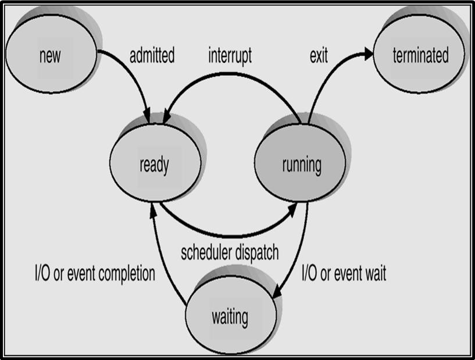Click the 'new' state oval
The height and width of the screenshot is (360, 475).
click(x=51, y=54)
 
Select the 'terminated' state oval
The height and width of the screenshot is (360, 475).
click(x=419, y=54)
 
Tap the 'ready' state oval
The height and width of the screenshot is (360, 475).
click(x=155, y=163)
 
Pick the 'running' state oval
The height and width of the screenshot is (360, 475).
click(x=300, y=163)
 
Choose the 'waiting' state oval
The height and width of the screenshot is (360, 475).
click(x=231, y=315)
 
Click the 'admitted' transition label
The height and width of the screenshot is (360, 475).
click(x=152, y=55)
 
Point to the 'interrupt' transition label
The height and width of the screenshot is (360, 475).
click(x=230, y=56)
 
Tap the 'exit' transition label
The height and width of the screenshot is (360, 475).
click(x=319, y=56)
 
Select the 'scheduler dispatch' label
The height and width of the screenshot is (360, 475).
click(x=230, y=253)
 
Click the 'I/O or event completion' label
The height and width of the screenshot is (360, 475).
click(x=95, y=274)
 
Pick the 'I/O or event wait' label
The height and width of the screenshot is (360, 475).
click(x=344, y=273)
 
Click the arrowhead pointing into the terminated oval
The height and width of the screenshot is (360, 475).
click(x=369, y=54)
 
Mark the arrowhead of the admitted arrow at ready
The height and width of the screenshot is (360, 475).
click(x=147, y=116)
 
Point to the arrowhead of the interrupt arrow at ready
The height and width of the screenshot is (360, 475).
click(x=167, y=117)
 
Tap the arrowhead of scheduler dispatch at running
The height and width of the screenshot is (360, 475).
click(x=292, y=210)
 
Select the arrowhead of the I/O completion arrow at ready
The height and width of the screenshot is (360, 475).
click(x=153, y=210)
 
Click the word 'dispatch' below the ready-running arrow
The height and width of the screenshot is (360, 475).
click(x=257, y=253)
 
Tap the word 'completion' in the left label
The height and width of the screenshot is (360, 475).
click(x=127, y=275)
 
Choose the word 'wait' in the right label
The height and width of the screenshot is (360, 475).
click(x=376, y=273)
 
